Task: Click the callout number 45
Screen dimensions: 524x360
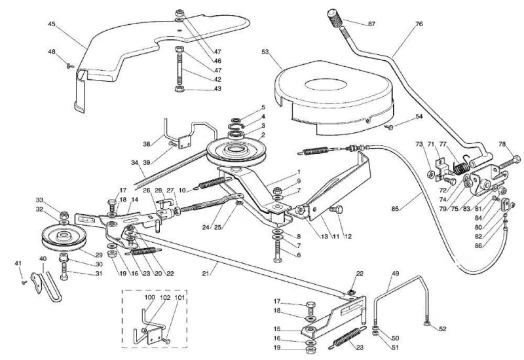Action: (52, 24)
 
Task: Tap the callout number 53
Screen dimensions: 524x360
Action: (265, 52)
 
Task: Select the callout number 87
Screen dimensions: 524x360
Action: (371, 24)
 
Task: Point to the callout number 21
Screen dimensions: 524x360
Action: (206, 274)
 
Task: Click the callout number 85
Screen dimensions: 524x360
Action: (396, 209)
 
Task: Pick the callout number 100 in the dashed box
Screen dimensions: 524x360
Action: (150, 297)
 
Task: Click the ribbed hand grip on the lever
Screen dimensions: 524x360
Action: (335, 18)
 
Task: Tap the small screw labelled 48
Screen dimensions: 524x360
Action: (70, 66)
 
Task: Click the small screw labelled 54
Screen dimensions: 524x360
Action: (388, 126)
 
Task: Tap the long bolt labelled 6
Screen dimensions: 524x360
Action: (278, 252)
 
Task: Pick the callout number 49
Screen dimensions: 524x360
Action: (396, 274)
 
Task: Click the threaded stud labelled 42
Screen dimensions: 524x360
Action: (179, 67)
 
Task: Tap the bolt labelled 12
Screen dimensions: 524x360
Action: (335, 209)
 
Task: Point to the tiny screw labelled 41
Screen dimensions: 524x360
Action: (24, 283)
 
